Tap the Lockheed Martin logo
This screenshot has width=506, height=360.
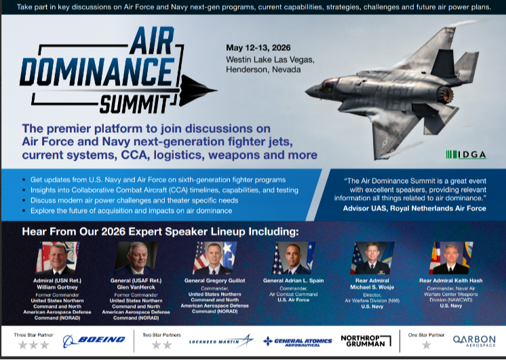[x=220, y=340]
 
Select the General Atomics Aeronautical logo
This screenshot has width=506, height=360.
[x=294, y=340]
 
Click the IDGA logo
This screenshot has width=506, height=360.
[x=466, y=155]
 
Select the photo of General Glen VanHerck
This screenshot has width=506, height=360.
[x=134, y=258]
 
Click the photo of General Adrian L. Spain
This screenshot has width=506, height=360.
[x=292, y=258]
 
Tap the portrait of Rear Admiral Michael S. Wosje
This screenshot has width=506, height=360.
[x=372, y=258]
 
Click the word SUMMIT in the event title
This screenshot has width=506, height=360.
[x=142, y=103]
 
